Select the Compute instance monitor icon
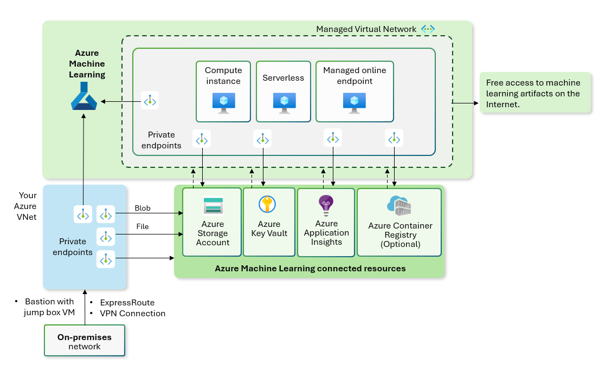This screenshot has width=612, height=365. coord(223,102)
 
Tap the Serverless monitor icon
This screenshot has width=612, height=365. coord(284,102)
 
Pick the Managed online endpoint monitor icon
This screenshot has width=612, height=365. coord(355,102)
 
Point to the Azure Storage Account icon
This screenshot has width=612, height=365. coord(213,206)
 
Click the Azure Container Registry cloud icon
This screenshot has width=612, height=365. coord(399,205)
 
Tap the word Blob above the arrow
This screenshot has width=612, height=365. coord(143,208)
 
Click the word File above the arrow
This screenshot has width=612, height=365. coord(142,227)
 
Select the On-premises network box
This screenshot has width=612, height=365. coord(85,341)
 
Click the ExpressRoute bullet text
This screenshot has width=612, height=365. coord(127,303)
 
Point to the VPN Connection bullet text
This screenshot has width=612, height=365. coord(133,314)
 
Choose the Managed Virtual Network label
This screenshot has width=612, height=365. coord(366,29)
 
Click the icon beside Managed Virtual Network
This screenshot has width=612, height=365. coord(428,29)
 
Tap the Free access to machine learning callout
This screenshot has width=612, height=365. coord(535,93)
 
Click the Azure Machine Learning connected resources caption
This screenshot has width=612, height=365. coord(310,269)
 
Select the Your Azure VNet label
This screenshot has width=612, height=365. coord(28,206)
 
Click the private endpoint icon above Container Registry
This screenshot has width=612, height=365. coord(394,139)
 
